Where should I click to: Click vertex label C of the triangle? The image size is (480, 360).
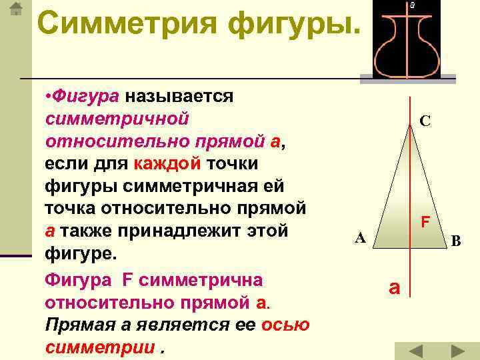tap(425, 121)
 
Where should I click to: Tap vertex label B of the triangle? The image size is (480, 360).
tap(455, 241)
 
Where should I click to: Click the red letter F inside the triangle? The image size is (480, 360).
tap(425, 221)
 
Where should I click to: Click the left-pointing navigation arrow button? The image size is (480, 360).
tap(416, 351)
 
